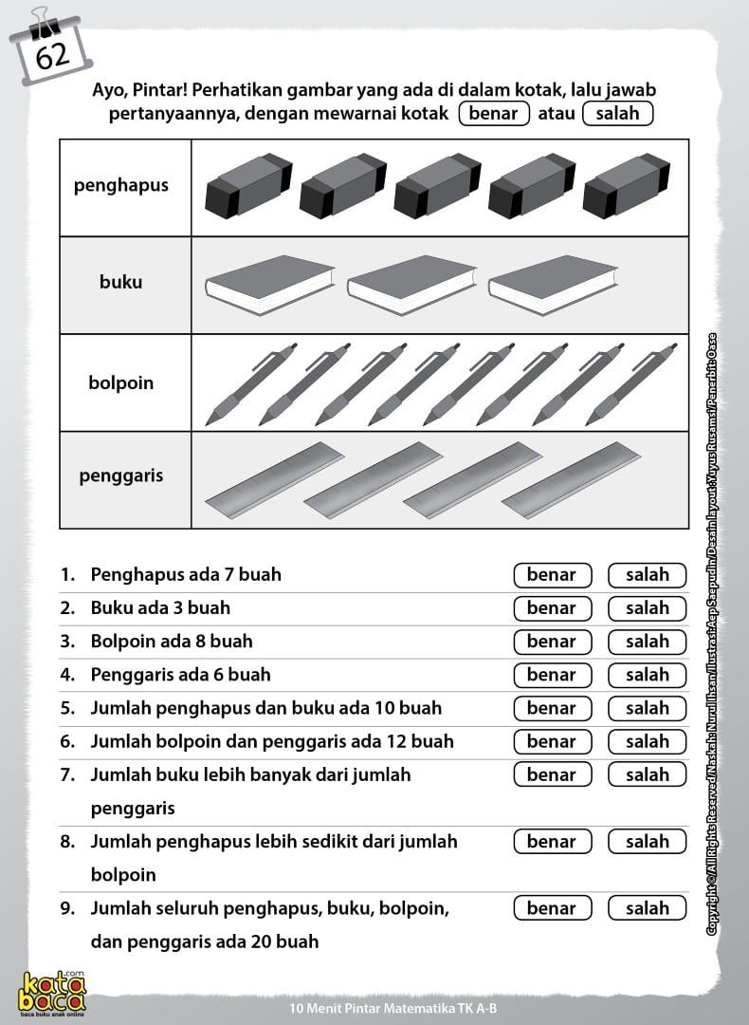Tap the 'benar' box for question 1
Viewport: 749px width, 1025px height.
coord(552,574)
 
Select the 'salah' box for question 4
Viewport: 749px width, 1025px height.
coord(648,675)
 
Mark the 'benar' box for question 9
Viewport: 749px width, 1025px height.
coord(552,908)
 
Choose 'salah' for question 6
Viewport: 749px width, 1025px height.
coord(648,741)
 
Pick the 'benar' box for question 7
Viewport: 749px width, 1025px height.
coord(552,774)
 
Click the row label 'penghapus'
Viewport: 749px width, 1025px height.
coord(121,185)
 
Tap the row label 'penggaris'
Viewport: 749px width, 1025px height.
coord(121,475)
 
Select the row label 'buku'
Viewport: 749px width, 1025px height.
coord(121,282)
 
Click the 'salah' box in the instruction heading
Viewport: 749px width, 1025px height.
coord(618,114)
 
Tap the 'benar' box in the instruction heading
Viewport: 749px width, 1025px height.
coord(493,114)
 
